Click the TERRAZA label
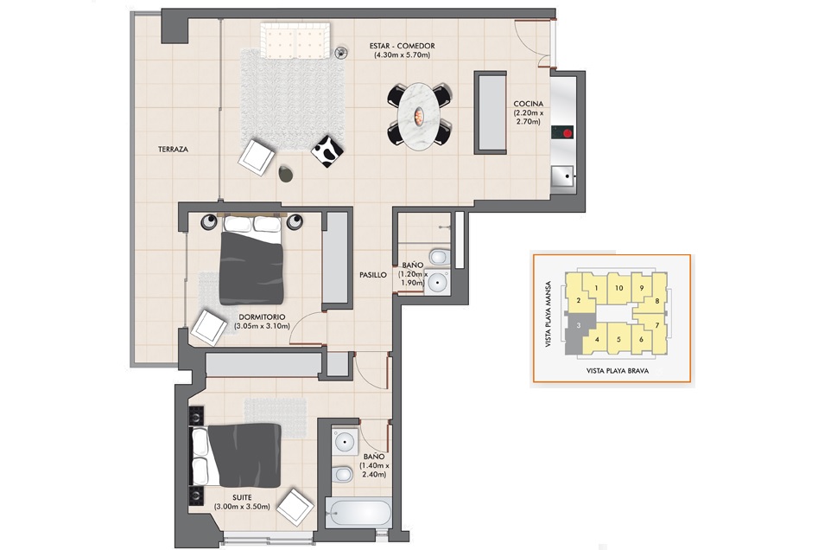click(x=174, y=150)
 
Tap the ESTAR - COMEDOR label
click(x=402, y=46)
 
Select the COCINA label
click(x=529, y=104)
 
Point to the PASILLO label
click(x=373, y=275)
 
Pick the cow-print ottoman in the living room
click(x=327, y=151)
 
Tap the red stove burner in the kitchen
click(x=567, y=132)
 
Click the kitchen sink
click(x=562, y=176)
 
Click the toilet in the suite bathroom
click(x=342, y=475)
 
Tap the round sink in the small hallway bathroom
click(x=436, y=284)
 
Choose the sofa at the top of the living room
click(x=295, y=41)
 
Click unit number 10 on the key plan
click(x=618, y=288)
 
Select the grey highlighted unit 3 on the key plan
click(x=578, y=332)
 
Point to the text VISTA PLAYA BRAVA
click(x=617, y=371)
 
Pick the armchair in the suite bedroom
click(x=295, y=506)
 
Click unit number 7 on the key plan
click(x=656, y=325)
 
